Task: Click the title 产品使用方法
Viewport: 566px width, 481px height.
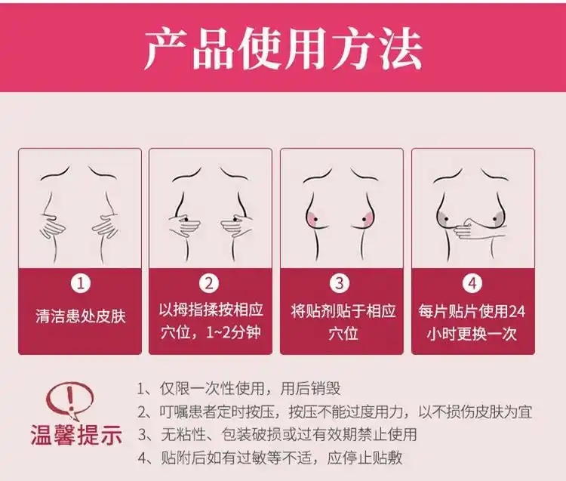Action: click(283, 50)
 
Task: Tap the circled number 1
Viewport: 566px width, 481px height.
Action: click(80, 283)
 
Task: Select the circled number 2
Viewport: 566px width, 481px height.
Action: click(209, 283)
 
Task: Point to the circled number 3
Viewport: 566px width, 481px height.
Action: click(340, 283)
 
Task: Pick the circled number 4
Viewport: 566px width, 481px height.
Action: click(472, 283)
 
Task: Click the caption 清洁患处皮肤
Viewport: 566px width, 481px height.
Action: click(81, 316)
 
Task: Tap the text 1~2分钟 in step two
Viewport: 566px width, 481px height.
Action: click(233, 332)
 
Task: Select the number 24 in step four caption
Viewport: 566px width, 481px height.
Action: click(516, 311)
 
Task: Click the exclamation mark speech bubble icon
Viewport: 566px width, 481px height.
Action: click(72, 400)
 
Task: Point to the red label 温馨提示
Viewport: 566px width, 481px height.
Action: click(76, 435)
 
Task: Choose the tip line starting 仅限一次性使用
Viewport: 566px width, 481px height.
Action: click(239, 389)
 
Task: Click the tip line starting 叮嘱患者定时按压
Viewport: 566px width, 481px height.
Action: click(335, 412)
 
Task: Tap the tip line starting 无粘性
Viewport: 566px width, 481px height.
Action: click(277, 434)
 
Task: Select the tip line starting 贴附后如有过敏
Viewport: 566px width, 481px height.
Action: click(270, 458)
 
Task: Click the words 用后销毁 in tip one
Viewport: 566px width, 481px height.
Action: click(310, 389)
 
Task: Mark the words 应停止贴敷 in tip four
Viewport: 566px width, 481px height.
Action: click(365, 458)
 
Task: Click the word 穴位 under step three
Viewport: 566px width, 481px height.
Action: click(343, 333)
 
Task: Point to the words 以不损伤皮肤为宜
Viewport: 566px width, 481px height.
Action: click(475, 412)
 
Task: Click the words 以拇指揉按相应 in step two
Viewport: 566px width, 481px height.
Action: click(211, 310)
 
